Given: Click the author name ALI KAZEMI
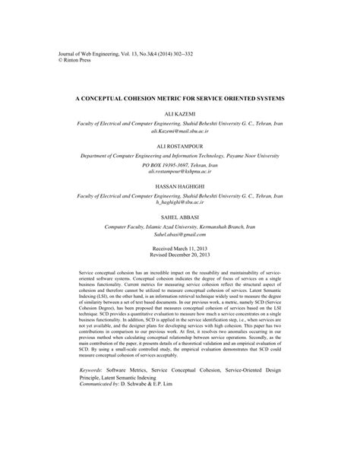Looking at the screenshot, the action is [x=180, y=113].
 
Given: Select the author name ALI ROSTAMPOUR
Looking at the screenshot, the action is [x=180, y=143].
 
